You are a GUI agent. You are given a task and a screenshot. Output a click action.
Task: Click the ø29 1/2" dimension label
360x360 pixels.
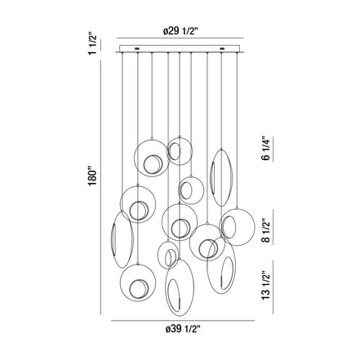180,32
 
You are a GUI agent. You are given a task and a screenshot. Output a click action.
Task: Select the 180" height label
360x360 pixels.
92,176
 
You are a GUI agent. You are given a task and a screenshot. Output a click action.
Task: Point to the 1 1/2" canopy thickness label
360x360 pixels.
92,45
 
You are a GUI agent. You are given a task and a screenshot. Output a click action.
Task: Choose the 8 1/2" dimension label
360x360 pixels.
266,230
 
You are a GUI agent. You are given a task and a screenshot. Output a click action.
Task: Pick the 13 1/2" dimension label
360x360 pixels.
266,285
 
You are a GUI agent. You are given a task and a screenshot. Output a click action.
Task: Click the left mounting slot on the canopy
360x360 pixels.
137,49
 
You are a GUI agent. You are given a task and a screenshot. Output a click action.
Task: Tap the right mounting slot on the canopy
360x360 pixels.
222,49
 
